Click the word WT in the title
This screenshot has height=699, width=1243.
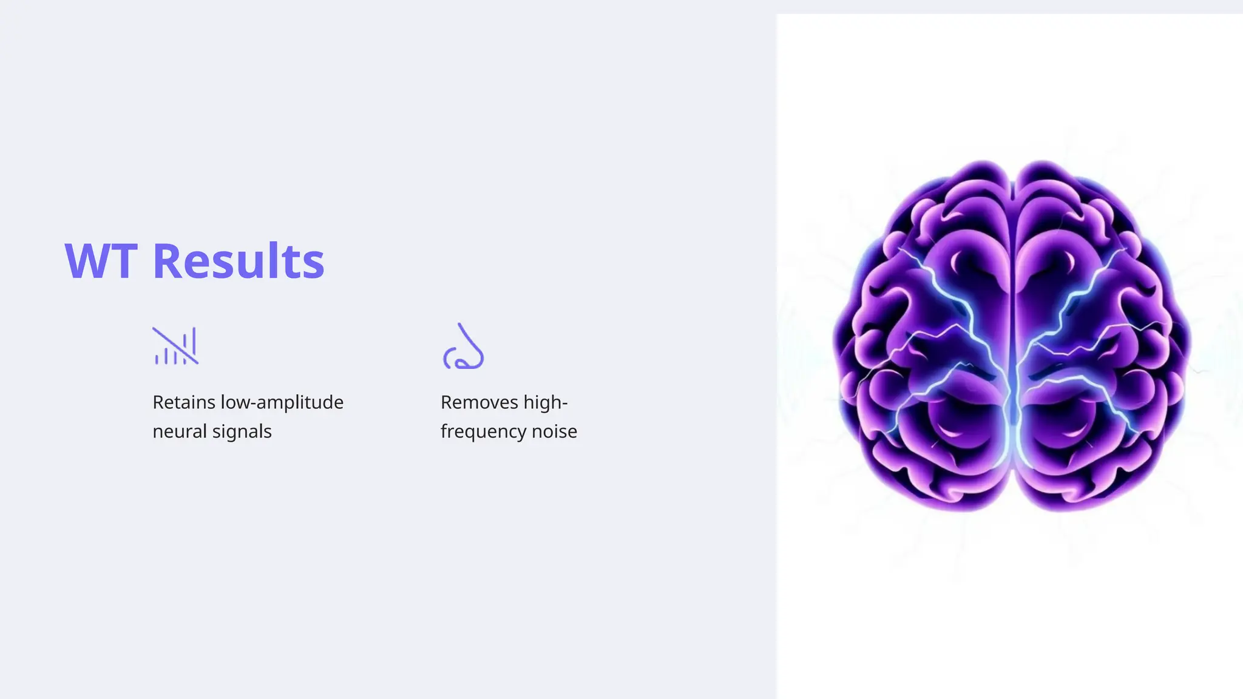[x=101, y=262]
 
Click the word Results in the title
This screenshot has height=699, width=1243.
[x=239, y=262]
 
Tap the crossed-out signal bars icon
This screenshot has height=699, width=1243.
[x=175, y=346]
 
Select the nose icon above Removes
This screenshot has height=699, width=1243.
[x=463, y=346]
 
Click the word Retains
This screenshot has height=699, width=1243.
[x=184, y=402]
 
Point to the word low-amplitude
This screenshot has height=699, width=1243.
[x=282, y=402]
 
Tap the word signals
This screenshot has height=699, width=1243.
[x=242, y=431]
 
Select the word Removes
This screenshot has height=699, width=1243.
[x=479, y=402]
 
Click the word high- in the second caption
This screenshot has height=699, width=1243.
[x=546, y=402]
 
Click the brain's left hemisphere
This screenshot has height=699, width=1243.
[x=929, y=334]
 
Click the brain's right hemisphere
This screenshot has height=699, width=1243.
[x=1099, y=334]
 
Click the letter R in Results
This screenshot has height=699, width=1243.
[x=167, y=262]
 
